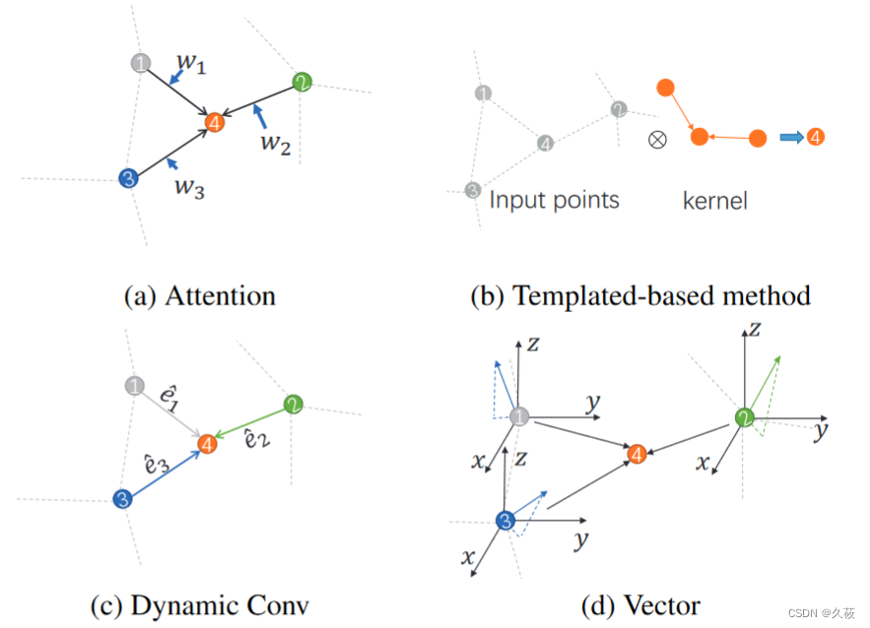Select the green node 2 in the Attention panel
[x=301, y=83]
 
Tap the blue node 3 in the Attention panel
[x=127, y=178]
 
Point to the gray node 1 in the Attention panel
[x=141, y=64]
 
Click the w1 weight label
[x=191, y=64]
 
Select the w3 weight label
[x=190, y=187]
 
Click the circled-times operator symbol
[x=657, y=139]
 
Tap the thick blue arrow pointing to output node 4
[x=791, y=138]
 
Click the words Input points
[x=555, y=201]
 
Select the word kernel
[x=715, y=202]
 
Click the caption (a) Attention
[x=199, y=295]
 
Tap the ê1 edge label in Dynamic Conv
[x=167, y=398]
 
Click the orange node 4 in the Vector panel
[x=637, y=454]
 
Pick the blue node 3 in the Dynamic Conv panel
[x=121, y=499]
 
